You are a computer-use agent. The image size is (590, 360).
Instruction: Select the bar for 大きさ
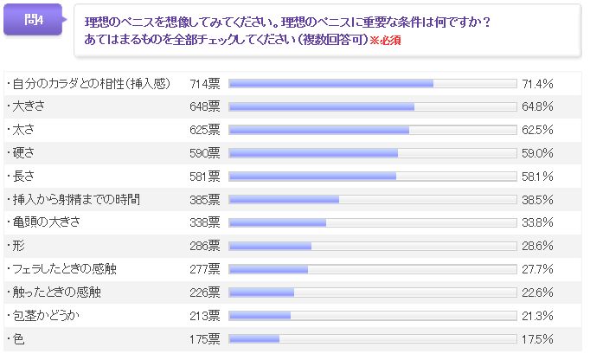pos(321,106)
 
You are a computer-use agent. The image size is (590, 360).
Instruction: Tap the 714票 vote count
pos(205,84)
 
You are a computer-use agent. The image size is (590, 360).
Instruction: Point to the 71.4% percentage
pos(537,84)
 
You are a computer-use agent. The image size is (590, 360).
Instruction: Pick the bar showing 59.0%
pos(312,153)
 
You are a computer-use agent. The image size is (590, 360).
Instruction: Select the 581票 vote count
pos(205,177)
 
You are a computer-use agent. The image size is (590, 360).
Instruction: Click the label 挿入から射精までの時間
pos(73,199)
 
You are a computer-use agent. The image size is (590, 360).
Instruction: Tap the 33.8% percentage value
pos(537,222)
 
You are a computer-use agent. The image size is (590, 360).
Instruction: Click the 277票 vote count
pos(205,269)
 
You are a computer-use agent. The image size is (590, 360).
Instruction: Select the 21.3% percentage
pos(537,315)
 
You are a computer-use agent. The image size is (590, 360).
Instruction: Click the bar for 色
pos(253,338)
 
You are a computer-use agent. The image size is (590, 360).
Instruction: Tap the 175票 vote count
pos(205,338)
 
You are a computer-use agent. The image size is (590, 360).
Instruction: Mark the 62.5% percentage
pos(537,130)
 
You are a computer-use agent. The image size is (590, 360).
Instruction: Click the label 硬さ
pos(22,153)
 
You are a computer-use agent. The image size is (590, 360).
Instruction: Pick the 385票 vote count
pos(205,199)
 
